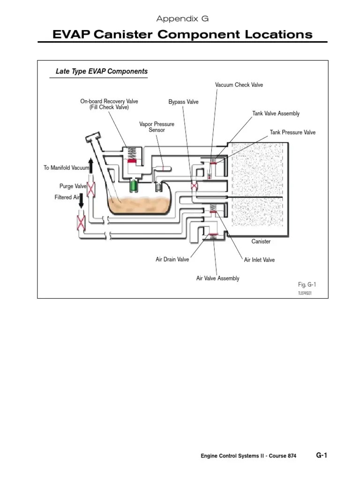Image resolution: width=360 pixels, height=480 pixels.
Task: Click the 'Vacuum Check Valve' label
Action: pyautogui.click(x=239, y=85)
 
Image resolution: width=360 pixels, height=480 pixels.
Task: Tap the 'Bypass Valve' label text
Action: pyautogui.click(x=183, y=102)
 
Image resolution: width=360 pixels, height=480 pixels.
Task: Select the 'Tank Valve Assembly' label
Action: pyautogui.click(x=276, y=113)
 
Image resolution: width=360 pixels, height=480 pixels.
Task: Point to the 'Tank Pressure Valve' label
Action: pyautogui.click(x=292, y=132)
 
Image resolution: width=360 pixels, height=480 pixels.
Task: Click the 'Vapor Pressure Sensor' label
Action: pyautogui.click(x=157, y=127)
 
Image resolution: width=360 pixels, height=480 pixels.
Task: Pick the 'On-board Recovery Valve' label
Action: pyautogui.click(x=109, y=104)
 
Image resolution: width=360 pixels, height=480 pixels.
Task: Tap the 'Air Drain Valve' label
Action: pyautogui.click(x=172, y=259)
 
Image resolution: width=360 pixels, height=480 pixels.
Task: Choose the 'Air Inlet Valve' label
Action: pyautogui.click(x=259, y=259)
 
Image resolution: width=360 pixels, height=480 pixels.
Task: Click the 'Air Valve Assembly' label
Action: pyautogui.click(x=217, y=278)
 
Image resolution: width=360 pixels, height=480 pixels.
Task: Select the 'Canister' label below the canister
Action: pyautogui.click(x=261, y=241)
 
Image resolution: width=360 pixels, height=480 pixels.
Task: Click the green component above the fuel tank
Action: pyautogui.click(x=134, y=184)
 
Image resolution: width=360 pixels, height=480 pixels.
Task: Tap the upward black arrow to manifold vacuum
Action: pyautogui.click(x=90, y=166)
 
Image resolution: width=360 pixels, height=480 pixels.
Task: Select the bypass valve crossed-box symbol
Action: pyautogui.click(x=193, y=186)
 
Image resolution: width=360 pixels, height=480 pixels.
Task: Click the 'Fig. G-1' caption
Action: pyautogui.click(x=307, y=285)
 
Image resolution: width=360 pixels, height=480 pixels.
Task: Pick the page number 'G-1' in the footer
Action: pyautogui.click(x=321, y=455)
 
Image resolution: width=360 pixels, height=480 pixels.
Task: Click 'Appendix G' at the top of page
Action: pyautogui.click(x=182, y=19)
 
